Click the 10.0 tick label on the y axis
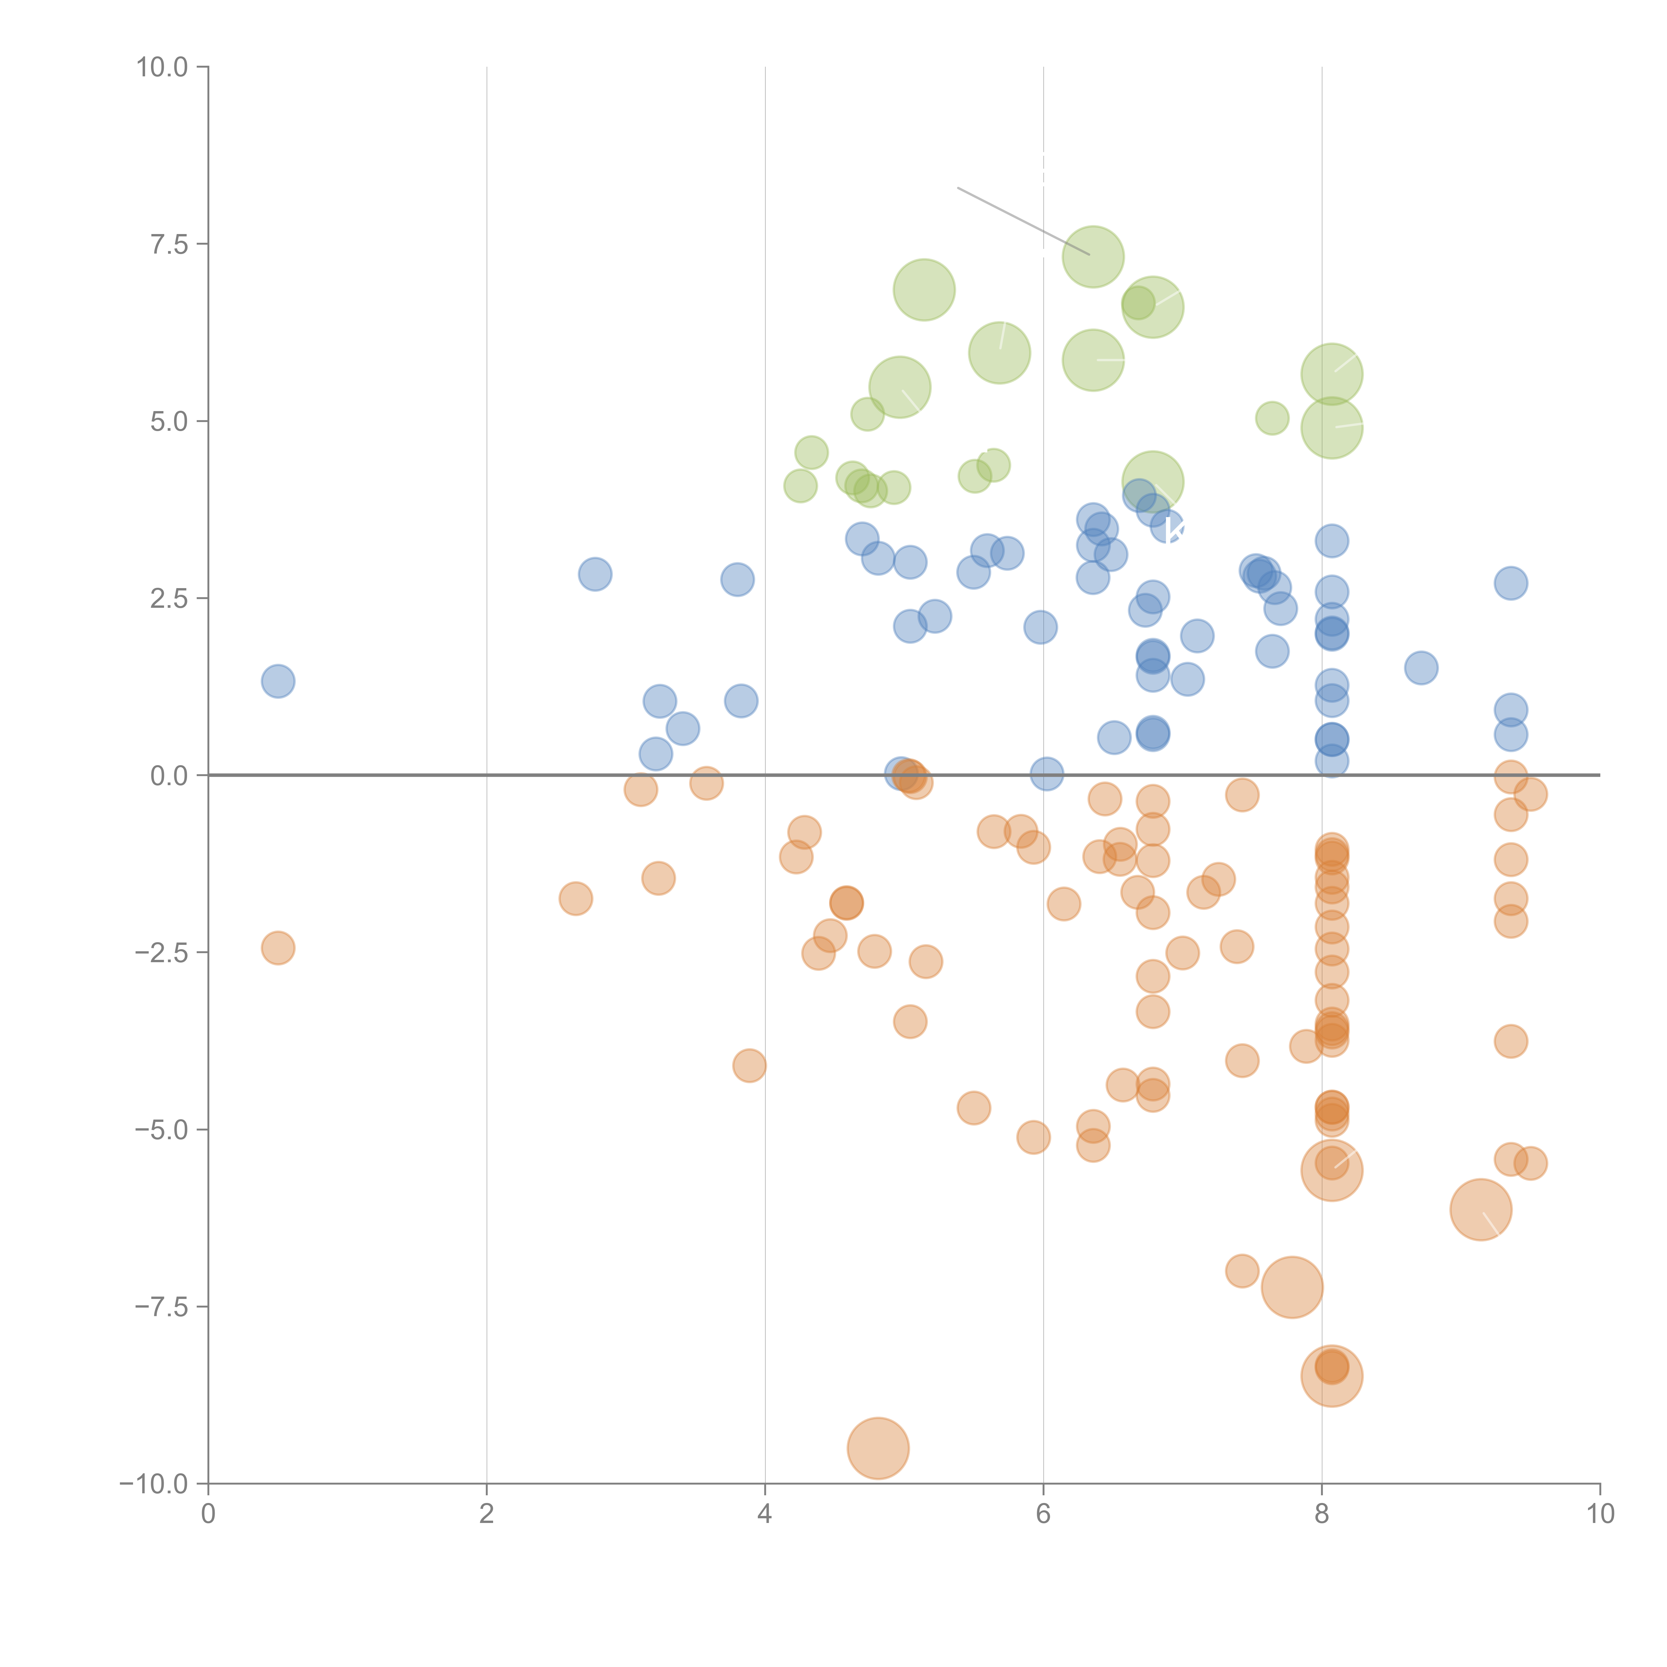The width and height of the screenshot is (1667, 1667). click(162, 67)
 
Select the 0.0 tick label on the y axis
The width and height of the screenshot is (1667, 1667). click(169, 776)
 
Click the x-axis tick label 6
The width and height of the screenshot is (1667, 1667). click(1043, 1514)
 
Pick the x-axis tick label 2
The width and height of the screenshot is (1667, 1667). click(487, 1514)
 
